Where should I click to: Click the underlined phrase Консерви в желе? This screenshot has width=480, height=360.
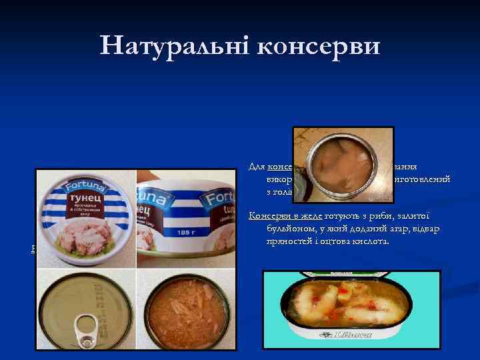(284, 215)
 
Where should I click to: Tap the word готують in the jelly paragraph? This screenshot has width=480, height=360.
(344, 215)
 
